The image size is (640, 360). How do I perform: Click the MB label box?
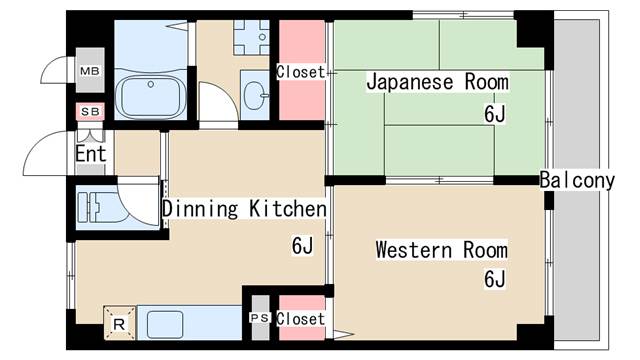click(x=90, y=71)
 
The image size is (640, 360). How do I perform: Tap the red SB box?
click(x=90, y=111)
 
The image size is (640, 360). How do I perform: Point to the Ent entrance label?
click(x=91, y=155)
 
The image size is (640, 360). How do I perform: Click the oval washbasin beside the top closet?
click(x=255, y=97)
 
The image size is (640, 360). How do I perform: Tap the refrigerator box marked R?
click(x=119, y=324)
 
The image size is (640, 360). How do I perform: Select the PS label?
click(x=259, y=318)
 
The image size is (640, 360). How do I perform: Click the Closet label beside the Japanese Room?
click(x=301, y=72)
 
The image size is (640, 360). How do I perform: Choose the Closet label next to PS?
click(x=301, y=318)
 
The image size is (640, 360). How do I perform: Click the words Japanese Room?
click(x=437, y=82)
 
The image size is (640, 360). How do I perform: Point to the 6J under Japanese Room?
click(x=495, y=114)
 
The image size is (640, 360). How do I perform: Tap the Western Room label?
click(x=441, y=250)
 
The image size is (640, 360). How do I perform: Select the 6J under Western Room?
click(x=495, y=279)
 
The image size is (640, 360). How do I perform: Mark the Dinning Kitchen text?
click(x=244, y=209)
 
